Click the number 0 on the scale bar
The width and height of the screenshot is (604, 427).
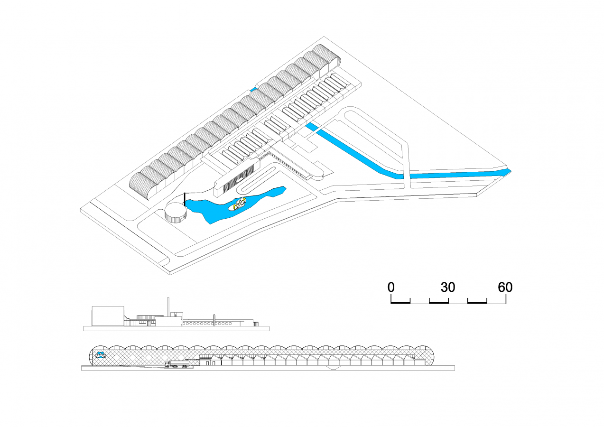[391, 287]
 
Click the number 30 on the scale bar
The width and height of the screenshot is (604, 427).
[448, 287]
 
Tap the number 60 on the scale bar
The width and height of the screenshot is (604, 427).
[505, 287]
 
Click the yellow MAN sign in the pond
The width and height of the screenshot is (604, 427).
[240, 204]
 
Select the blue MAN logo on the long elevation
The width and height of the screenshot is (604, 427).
[101, 354]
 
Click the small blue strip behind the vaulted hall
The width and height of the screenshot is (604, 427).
[254, 89]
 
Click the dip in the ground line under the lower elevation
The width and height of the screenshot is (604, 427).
[335, 369]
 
